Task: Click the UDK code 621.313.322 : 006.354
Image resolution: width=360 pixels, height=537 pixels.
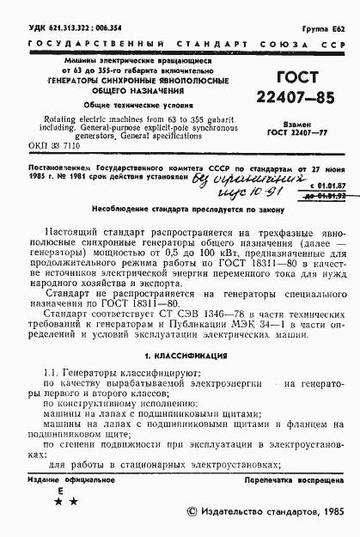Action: pos(70,28)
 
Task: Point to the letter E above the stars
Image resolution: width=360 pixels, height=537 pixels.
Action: pos(59,489)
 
